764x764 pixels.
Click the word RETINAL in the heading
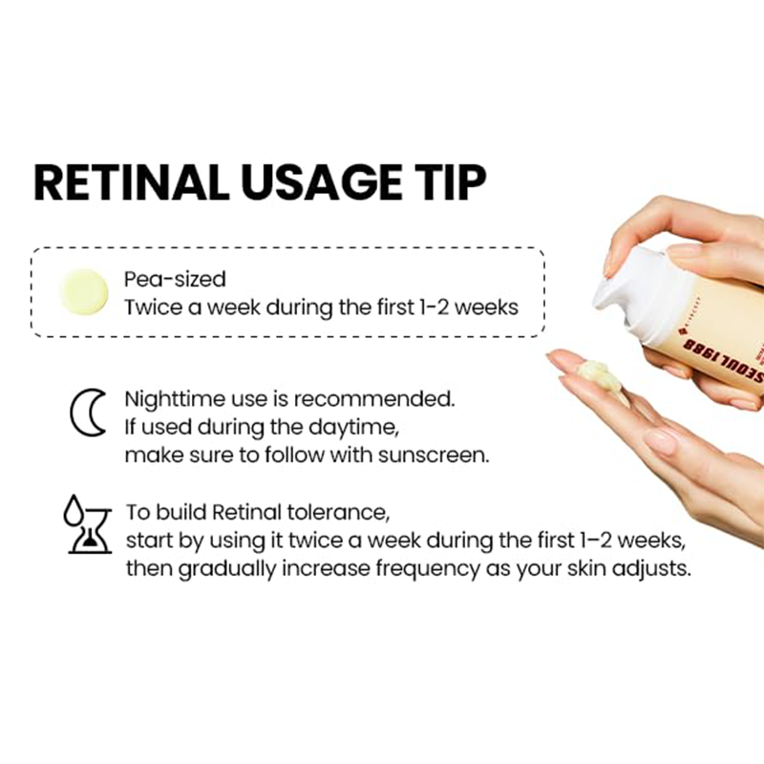[x=132, y=182]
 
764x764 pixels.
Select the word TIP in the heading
[x=444, y=182]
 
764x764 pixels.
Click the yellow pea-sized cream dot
[x=84, y=291]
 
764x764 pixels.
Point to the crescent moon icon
[x=88, y=413]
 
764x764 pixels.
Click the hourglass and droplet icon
[x=87, y=524]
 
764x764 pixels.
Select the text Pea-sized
[x=175, y=280]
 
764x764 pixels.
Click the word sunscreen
[x=434, y=456]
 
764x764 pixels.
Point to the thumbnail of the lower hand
[x=661, y=440]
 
